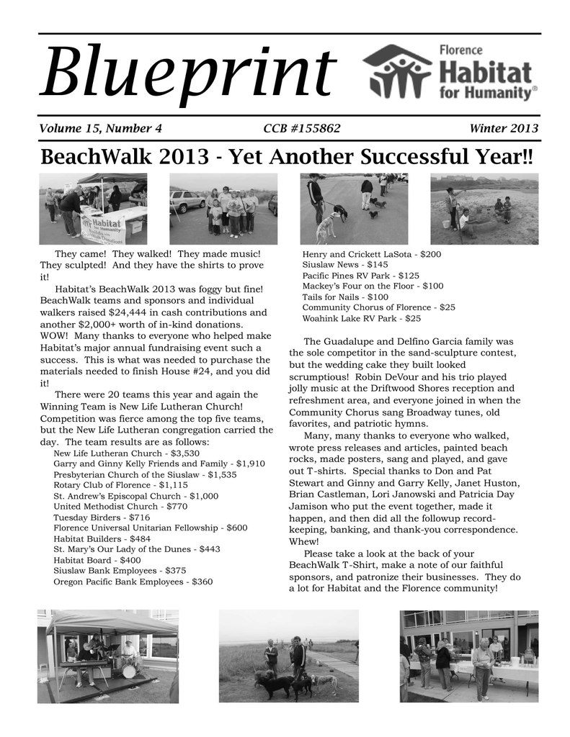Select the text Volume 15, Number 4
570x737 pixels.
pyautogui.click(x=100, y=129)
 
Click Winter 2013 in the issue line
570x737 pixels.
pyautogui.click(x=504, y=129)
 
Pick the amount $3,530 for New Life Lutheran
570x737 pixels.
pyautogui.click(x=185, y=454)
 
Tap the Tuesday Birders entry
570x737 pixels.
pyautogui.click(x=102, y=517)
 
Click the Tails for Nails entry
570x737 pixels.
pyautogui.click(x=345, y=297)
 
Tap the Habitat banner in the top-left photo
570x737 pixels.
pyautogui.click(x=102, y=227)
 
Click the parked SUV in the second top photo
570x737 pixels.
pyautogui.click(x=187, y=201)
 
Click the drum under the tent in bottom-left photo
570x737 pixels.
pyautogui.click(x=130, y=671)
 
